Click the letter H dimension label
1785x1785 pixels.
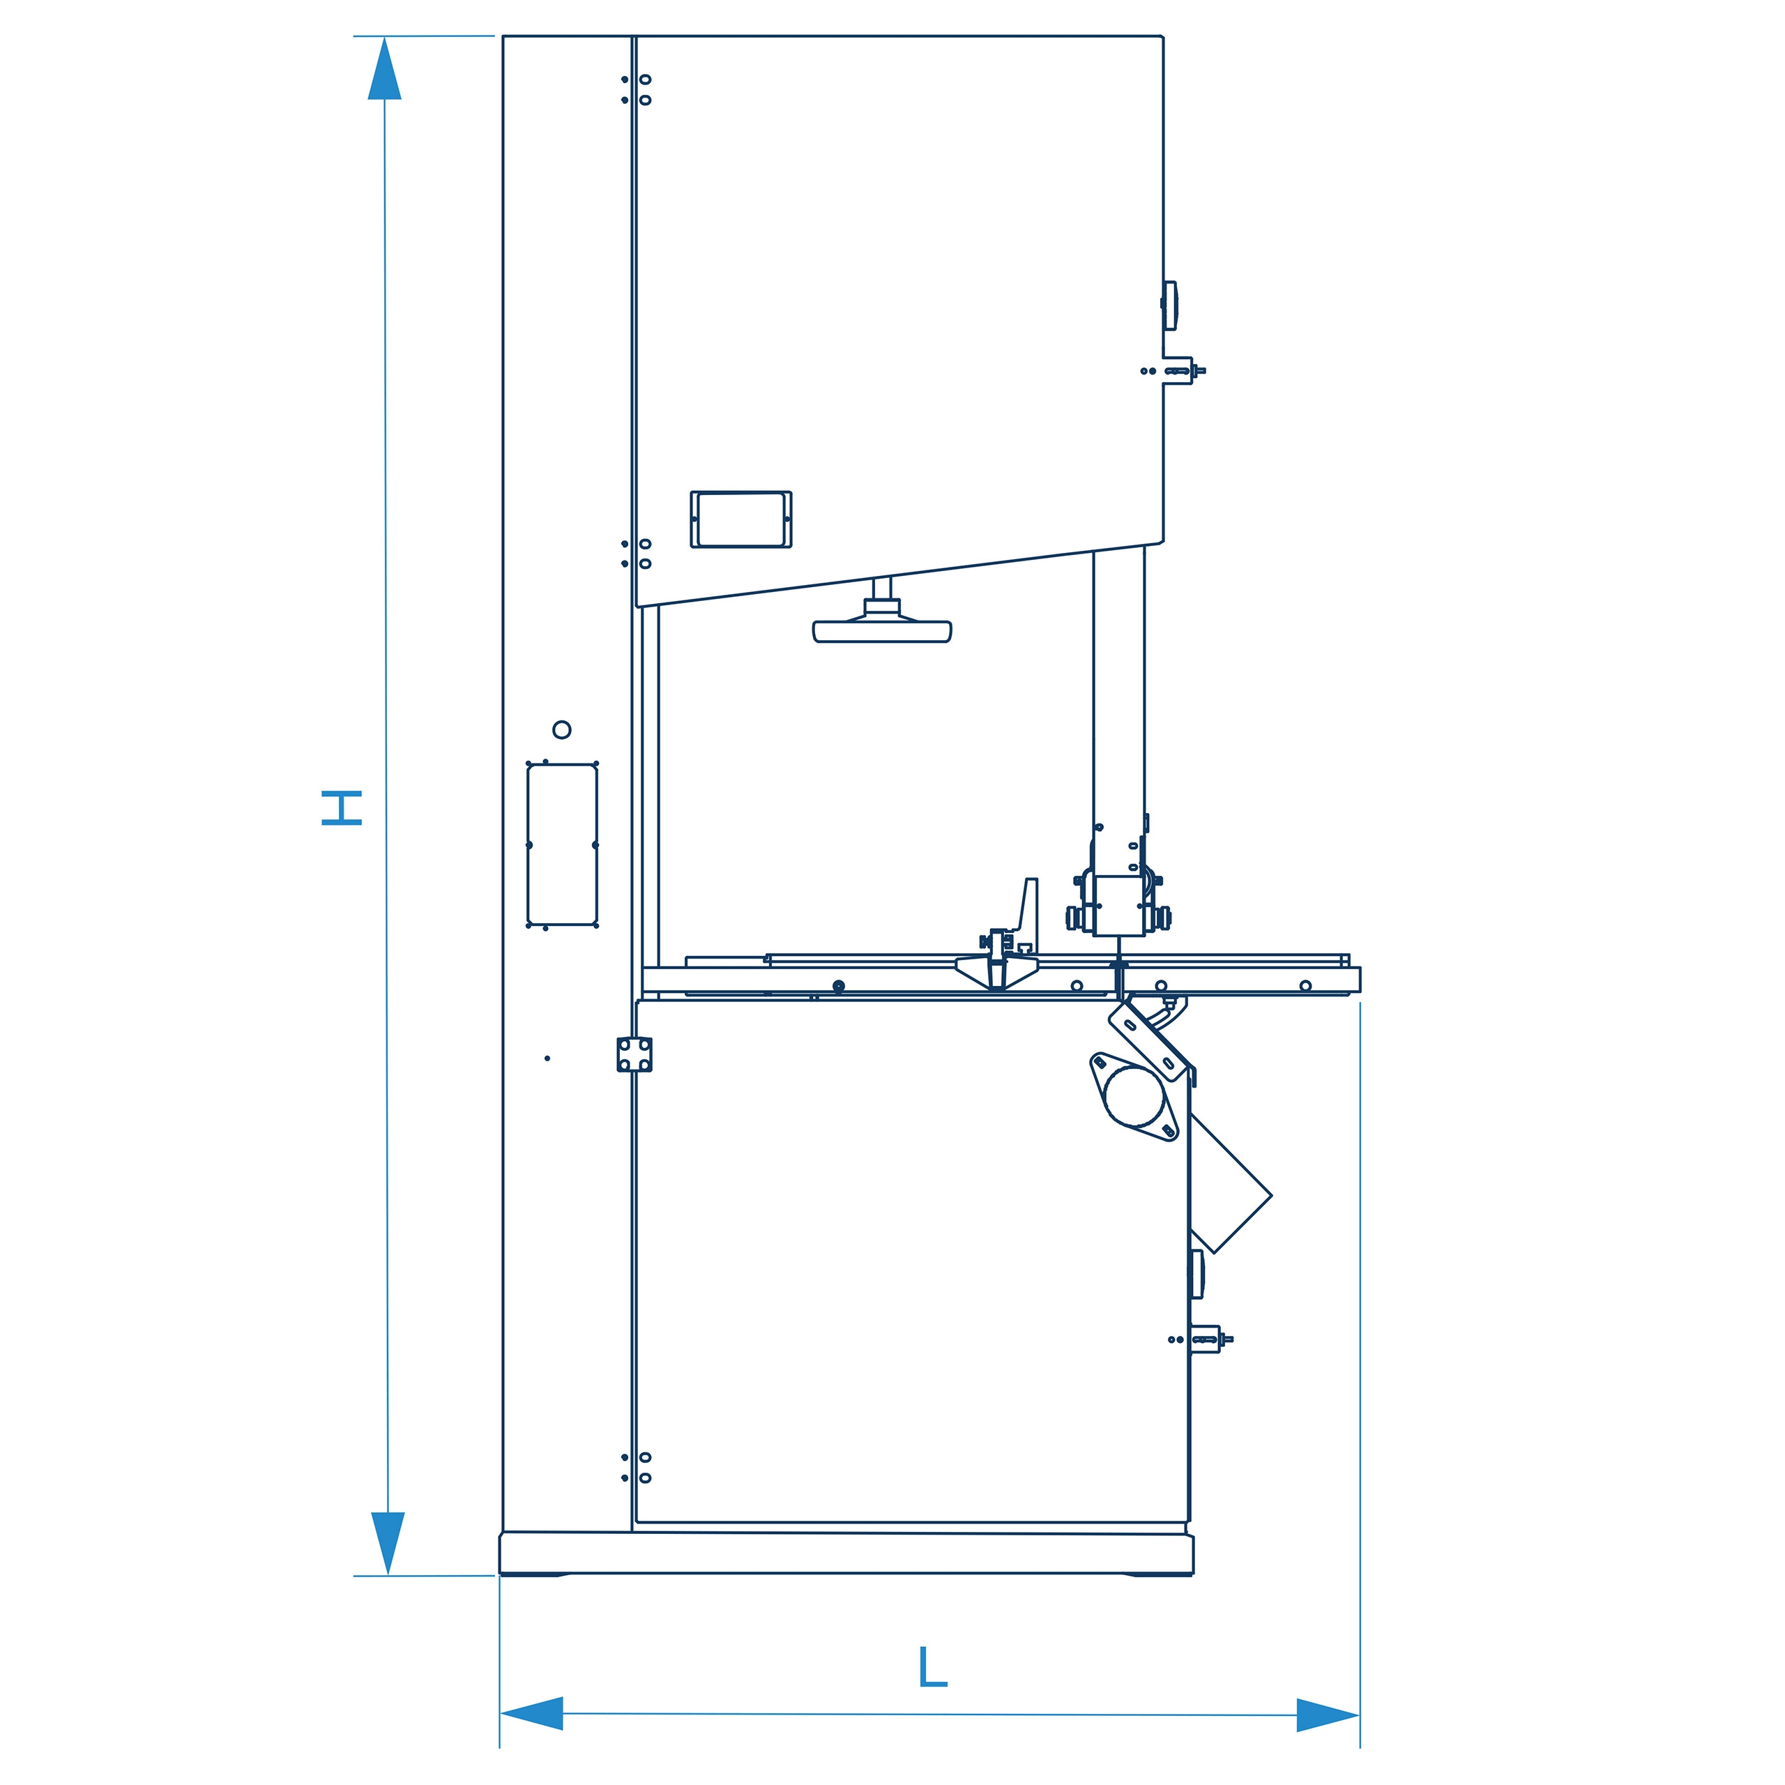click(x=341, y=807)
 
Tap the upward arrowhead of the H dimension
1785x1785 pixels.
click(x=384, y=68)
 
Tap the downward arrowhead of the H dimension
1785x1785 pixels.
click(x=388, y=1544)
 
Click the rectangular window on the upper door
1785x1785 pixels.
click(x=741, y=519)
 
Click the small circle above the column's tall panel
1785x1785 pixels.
click(x=562, y=730)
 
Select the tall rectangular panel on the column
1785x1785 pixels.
click(x=562, y=844)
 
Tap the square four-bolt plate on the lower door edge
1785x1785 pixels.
click(x=634, y=1054)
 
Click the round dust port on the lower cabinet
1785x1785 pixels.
click(x=1134, y=1097)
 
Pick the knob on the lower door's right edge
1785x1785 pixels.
click(x=1197, y=1274)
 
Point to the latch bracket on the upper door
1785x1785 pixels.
click(x=1178, y=370)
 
